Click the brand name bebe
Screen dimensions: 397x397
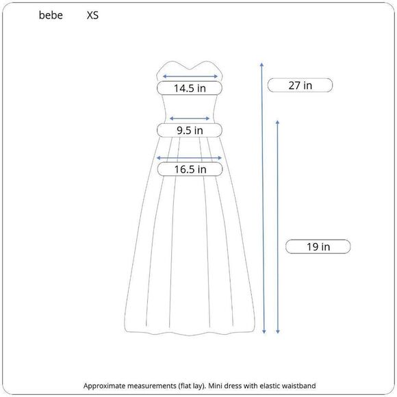coord(51,14)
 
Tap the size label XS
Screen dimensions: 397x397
coord(92,14)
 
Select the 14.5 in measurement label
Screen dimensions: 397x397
coord(190,88)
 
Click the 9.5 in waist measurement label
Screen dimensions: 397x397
coord(190,130)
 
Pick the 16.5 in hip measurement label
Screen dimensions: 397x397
coord(190,170)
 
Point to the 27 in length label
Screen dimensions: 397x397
coord(300,86)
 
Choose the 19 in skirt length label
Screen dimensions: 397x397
coord(318,246)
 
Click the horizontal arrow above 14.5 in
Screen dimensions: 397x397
coord(190,77)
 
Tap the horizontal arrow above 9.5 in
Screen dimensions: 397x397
coord(190,118)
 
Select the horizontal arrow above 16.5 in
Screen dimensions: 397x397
coord(190,158)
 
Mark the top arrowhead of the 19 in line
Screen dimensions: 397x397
coord(277,121)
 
